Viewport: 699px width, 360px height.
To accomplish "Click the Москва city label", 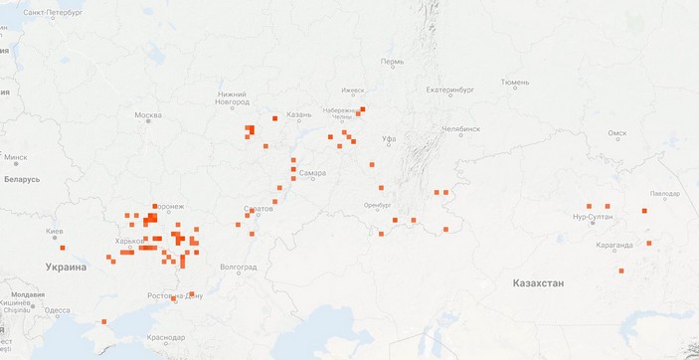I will coord(148,115).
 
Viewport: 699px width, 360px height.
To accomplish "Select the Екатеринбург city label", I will coord(453,90).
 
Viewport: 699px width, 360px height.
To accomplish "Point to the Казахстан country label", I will coord(538,283).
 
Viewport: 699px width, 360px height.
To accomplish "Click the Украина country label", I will coord(66,267).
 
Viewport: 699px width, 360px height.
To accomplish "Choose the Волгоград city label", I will coord(239,267).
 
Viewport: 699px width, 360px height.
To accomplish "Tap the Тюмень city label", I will coord(515,83).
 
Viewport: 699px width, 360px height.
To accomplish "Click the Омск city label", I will coord(617,132).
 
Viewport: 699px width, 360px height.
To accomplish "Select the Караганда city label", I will coord(613,244).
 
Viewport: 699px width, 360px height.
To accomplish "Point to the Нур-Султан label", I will coord(593,216).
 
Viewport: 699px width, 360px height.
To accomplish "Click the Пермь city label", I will coord(392,62).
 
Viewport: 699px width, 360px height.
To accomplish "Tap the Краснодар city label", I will coord(166,337).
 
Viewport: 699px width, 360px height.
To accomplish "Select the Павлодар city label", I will coord(664,193).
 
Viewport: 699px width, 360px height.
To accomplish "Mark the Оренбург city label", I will coord(379,205).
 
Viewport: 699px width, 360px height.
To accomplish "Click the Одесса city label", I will coord(57,309).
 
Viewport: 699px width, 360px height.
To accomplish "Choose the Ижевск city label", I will coord(353,90).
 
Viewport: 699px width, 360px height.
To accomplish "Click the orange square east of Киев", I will coord(63,248).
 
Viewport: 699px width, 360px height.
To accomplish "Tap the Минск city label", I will coord(16,157).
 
